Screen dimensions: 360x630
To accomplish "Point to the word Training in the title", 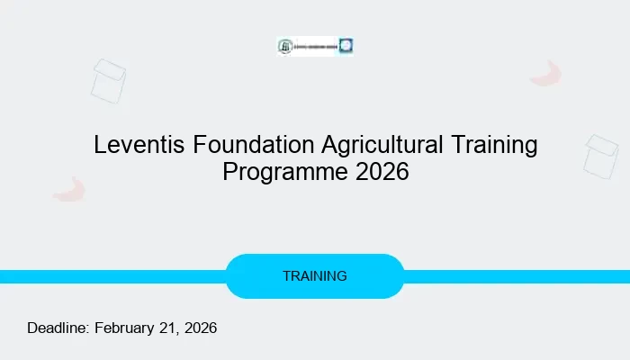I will [498, 145].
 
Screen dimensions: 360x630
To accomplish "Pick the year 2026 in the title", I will [382, 172].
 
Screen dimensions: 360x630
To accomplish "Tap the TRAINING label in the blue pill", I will [314, 276].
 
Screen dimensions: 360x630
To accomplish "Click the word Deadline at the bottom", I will [58, 328].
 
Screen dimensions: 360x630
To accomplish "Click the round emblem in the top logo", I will [285, 47].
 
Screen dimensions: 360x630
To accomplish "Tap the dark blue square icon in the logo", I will [346, 46].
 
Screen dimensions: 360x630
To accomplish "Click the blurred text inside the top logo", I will [315, 47].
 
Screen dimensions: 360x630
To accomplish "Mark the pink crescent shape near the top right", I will [545, 74].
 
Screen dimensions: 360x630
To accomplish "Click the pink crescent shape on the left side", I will [68, 189].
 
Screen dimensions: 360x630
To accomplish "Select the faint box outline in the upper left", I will [108, 80].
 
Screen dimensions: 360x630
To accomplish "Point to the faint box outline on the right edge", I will [600, 156].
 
